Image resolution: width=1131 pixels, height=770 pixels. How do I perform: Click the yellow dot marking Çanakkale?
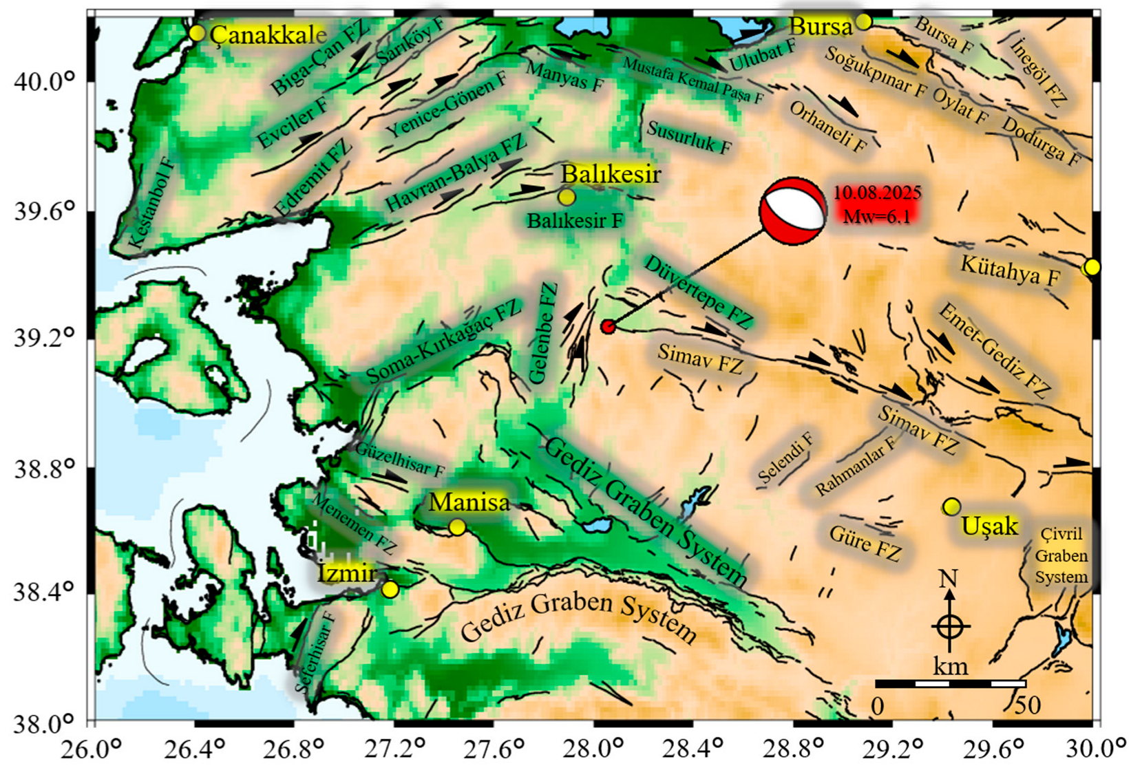click(x=197, y=33)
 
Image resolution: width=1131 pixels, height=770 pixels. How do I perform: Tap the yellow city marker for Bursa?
click(x=863, y=22)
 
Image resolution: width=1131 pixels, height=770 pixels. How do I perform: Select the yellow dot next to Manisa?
click(x=457, y=527)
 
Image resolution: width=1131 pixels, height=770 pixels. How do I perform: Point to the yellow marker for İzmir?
click(x=390, y=590)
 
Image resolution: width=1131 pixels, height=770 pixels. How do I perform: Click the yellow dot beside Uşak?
click(x=951, y=507)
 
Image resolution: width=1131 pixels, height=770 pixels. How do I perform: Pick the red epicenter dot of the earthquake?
click(x=607, y=326)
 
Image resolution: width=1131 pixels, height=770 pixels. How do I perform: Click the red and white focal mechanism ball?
click(x=793, y=211)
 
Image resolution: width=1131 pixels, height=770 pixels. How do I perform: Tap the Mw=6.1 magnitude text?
click(x=877, y=216)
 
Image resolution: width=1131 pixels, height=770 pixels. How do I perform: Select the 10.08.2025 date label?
click(x=877, y=193)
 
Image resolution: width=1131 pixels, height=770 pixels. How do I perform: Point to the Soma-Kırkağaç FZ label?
click(x=443, y=342)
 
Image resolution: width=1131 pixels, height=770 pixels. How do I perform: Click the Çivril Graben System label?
click(x=1061, y=555)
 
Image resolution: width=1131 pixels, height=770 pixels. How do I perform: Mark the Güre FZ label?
click(x=865, y=542)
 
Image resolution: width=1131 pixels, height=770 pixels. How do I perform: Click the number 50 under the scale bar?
click(x=1027, y=705)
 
